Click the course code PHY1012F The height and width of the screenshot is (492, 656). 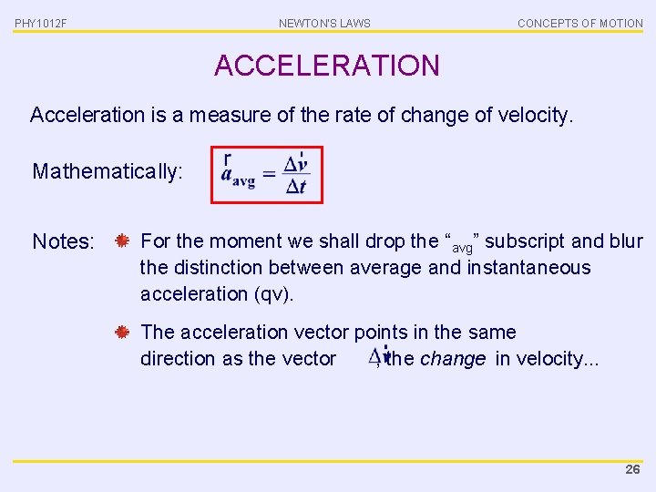40,23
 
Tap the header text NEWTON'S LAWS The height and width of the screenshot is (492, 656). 324,23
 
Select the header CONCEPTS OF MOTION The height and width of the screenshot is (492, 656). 579,23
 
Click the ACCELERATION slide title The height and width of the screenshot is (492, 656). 326,66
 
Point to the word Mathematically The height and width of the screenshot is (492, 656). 108,171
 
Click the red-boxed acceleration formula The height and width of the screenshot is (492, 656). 266,175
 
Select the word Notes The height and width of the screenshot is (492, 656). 63,242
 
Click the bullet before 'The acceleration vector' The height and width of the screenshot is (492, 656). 121,333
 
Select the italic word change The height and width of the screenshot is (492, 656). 452,359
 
